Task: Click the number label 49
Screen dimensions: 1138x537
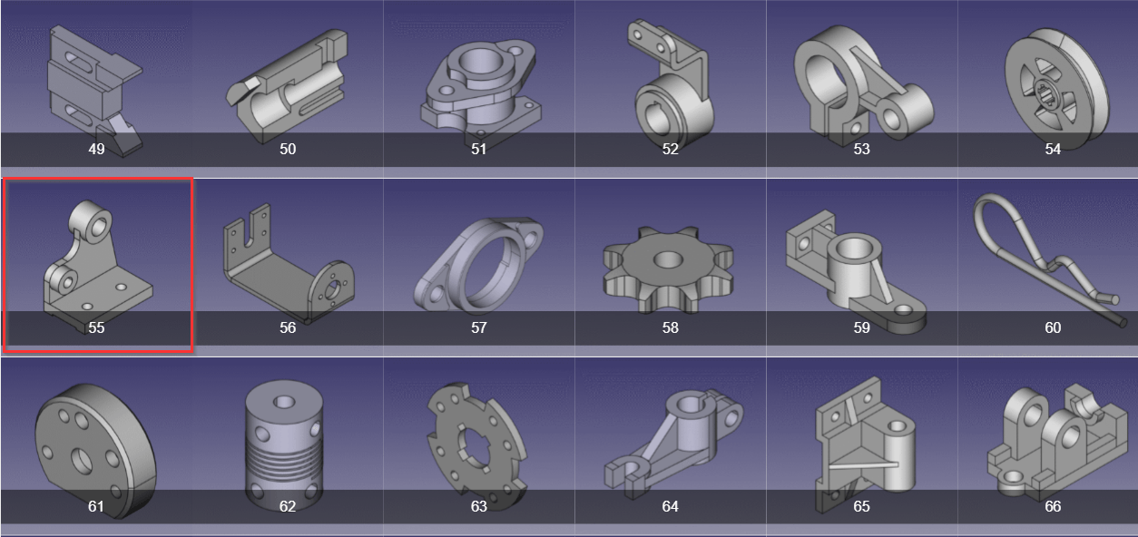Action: point(96,149)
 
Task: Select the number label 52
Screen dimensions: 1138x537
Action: point(670,149)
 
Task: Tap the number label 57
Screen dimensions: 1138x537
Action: point(478,327)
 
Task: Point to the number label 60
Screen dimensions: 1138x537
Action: point(1053,327)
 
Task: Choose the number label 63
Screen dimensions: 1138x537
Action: point(478,506)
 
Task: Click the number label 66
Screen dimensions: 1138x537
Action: point(1053,506)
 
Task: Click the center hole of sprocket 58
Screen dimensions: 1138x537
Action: point(668,260)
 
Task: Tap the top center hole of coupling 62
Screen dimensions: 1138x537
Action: point(283,403)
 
